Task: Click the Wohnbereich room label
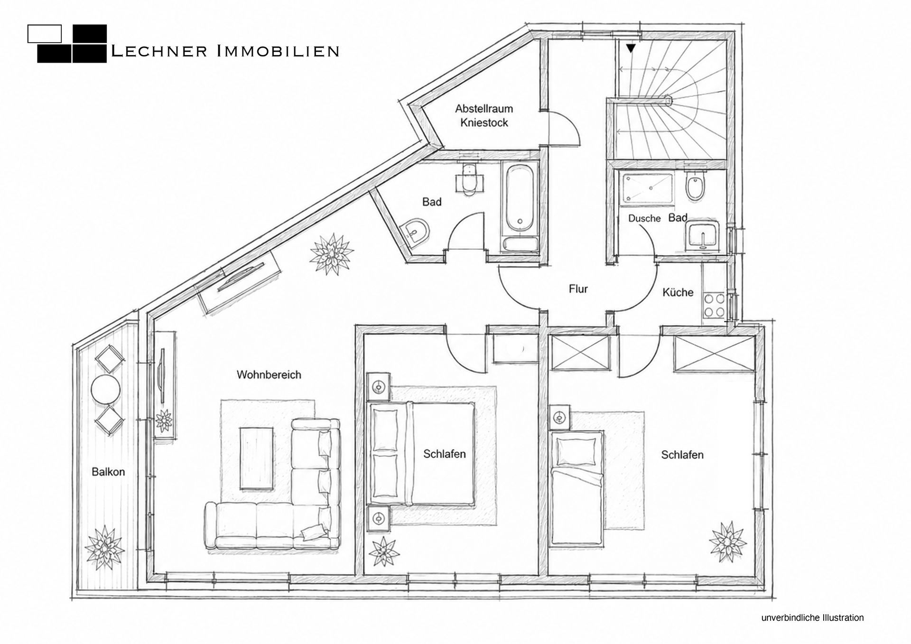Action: (269, 375)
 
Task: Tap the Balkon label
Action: (108, 472)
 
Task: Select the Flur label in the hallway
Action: (578, 289)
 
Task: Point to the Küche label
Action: (678, 292)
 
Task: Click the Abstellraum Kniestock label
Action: (484, 115)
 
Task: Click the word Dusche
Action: (644, 218)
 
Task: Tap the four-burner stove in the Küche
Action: (714, 305)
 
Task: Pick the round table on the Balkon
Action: (105, 390)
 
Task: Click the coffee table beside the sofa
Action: (257, 458)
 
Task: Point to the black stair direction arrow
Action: (631, 48)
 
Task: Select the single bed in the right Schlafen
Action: (576, 489)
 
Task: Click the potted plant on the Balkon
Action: (105, 548)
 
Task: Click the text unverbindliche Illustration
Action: (812, 618)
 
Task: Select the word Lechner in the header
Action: (158, 51)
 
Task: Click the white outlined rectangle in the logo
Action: (45, 33)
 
